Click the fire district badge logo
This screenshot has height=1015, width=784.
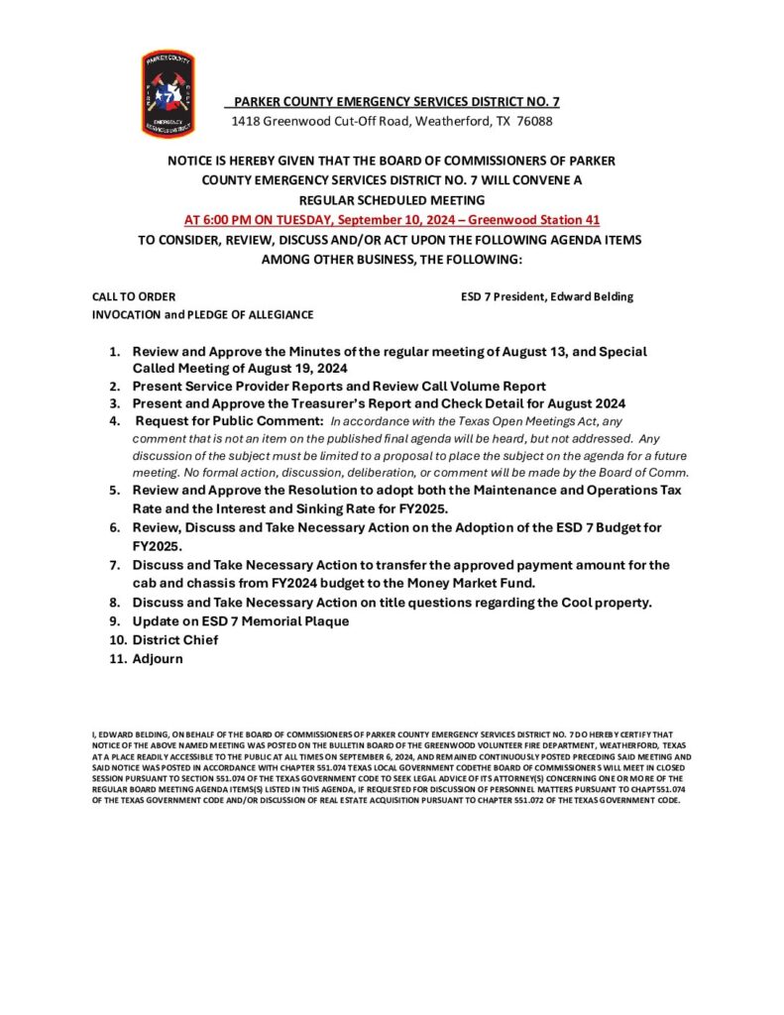(x=168, y=93)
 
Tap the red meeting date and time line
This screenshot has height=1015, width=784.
(x=392, y=219)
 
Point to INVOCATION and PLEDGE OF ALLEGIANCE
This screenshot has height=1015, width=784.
(x=202, y=314)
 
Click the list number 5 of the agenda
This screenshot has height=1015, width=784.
(x=115, y=491)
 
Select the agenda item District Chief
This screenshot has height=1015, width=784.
(x=175, y=639)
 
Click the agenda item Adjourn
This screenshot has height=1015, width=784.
(x=158, y=658)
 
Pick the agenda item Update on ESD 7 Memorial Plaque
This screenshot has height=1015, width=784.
(x=241, y=620)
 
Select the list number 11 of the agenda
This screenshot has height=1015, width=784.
(x=115, y=658)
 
